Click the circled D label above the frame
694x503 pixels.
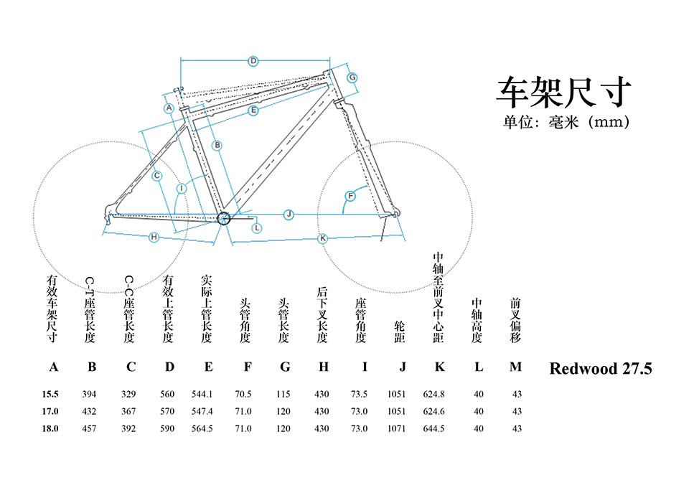pyautogui.click(x=253, y=61)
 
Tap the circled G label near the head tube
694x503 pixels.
pyautogui.click(x=352, y=77)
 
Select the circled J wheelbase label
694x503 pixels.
pyautogui.click(x=289, y=214)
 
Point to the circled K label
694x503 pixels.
pyautogui.click(x=322, y=238)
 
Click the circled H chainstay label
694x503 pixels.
pyautogui.click(x=154, y=238)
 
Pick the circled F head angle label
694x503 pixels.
pyautogui.click(x=351, y=196)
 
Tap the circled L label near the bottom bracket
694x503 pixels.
pyautogui.click(x=257, y=227)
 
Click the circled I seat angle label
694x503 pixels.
pyautogui.click(x=182, y=188)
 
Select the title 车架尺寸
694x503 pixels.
pyautogui.click(x=564, y=92)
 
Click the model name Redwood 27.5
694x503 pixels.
pyautogui.click(x=600, y=369)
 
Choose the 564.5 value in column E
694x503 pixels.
pyautogui.click(x=203, y=428)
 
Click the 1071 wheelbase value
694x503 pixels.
pyautogui.click(x=396, y=428)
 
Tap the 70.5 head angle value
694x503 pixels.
pyautogui.click(x=243, y=394)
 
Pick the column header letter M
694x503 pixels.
pyautogui.click(x=515, y=367)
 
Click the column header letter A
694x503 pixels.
pyautogui.click(x=53, y=367)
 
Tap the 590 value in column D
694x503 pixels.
pyautogui.click(x=168, y=428)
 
